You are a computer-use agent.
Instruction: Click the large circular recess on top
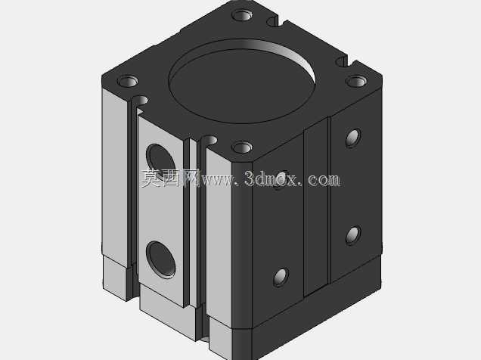[x=242, y=81]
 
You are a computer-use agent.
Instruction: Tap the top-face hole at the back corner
[x=242, y=15]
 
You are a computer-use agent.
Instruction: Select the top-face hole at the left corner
[x=128, y=82]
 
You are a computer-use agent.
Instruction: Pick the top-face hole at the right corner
[x=356, y=81]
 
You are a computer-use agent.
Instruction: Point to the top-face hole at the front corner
[x=242, y=147]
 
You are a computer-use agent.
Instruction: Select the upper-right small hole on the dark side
[x=353, y=138]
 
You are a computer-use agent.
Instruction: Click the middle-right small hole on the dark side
[x=353, y=236]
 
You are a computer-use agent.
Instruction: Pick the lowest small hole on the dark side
[x=281, y=278]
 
